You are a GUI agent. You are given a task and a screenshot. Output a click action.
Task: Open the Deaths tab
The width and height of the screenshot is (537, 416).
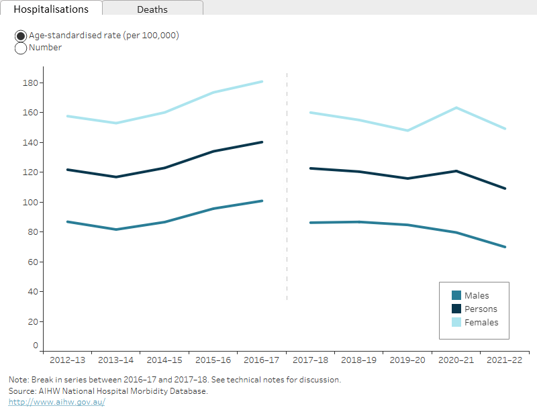click(152, 9)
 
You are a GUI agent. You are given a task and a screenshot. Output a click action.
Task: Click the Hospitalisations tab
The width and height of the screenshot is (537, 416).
click(51, 9)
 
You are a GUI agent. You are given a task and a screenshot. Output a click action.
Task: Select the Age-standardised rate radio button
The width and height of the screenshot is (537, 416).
click(21, 36)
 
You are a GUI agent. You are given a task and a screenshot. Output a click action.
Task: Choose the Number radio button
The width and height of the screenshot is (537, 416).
click(21, 48)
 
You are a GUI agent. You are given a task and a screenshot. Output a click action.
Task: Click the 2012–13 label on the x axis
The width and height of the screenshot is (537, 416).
click(67, 360)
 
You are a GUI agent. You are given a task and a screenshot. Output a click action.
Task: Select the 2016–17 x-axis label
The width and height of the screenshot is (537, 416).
click(262, 360)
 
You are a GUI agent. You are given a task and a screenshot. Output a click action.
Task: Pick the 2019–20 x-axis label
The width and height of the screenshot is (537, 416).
click(407, 360)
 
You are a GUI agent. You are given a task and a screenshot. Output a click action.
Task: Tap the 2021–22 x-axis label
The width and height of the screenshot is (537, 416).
click(505, 360)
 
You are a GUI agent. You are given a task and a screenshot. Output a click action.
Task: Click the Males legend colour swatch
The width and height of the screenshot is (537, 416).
click(456, 295)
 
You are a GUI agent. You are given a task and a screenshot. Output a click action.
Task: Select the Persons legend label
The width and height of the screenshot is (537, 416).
click(481, 309)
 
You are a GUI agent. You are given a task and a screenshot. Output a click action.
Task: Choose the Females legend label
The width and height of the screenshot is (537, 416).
click(481, 322)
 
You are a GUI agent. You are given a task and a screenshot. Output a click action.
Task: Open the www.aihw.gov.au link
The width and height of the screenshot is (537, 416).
click(56, 402)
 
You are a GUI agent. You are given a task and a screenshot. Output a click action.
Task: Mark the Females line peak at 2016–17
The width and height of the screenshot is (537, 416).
click(262, 82)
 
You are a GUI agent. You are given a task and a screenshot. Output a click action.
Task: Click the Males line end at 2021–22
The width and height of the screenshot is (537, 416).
click(505, 247)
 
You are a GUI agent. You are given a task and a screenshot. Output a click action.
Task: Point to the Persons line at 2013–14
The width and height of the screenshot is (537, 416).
click(116, 177)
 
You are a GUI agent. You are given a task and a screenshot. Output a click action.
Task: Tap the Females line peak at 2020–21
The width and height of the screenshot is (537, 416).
click(456, 107)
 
